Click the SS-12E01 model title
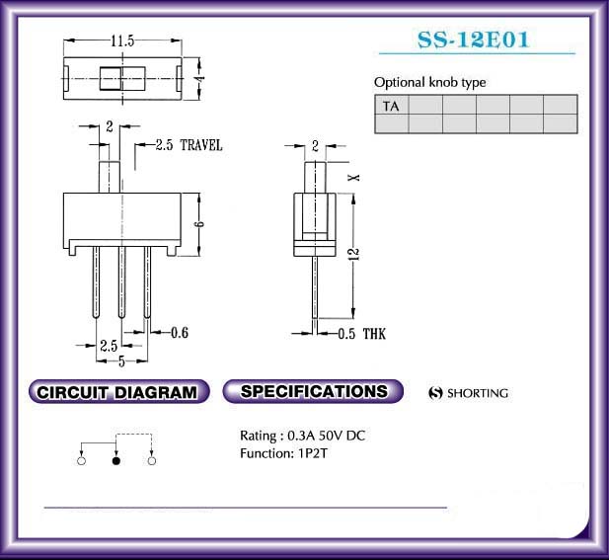coord(474,40)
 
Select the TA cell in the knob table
coord(392,106)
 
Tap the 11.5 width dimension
coord(122,40)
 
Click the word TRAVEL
coord(201,145)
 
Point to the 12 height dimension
coord(354,254)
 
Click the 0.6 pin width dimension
coord(180,333)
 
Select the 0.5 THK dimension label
coord(361,334)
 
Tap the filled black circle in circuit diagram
coord(116,461)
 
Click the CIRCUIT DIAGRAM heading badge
coord(118,392)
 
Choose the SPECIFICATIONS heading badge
coord(313,391)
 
